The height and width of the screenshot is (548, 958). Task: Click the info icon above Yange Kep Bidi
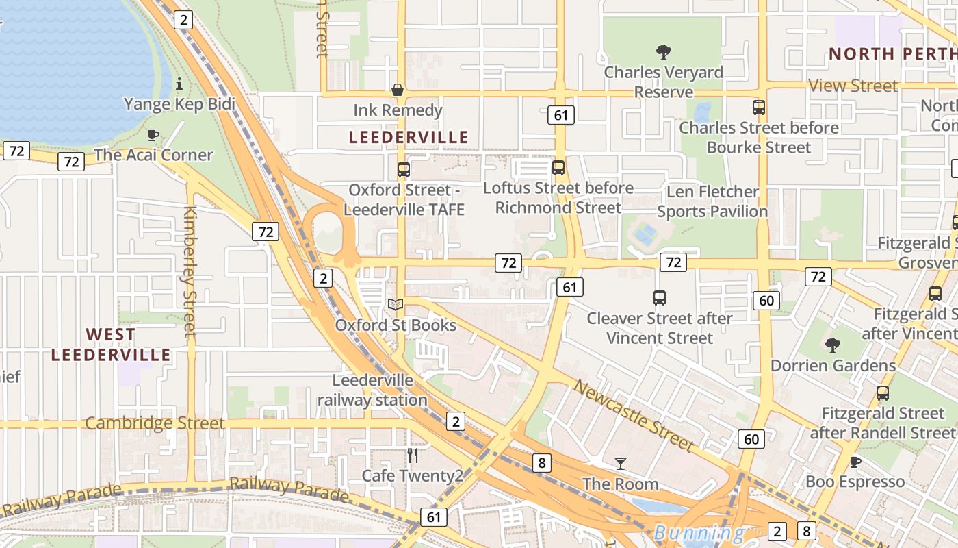179,84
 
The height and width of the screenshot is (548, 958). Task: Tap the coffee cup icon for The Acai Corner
153,135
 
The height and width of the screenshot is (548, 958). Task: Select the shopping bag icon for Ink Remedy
397,90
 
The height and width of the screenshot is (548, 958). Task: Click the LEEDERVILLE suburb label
409,137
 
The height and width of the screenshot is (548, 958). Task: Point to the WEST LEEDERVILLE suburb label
111,345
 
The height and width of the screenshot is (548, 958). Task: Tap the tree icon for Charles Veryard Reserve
663,52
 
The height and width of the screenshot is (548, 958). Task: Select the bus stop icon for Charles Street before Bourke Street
758,108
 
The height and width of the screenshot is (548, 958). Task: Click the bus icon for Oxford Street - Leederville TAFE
404,169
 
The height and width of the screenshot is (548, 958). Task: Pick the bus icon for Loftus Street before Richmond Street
558,168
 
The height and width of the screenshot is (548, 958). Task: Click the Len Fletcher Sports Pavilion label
712,201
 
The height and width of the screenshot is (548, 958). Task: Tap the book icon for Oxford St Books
396,304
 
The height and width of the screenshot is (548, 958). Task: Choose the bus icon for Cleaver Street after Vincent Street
660,298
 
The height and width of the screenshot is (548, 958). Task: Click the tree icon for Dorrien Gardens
832,345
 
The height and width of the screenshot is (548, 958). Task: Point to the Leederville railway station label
372,390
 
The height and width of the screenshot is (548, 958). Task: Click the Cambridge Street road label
155,423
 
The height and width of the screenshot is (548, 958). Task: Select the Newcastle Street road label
634,415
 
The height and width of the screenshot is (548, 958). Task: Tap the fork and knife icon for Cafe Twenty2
412,455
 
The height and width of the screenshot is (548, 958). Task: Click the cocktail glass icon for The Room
620,464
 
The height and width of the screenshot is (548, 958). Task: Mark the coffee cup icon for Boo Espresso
855,462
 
